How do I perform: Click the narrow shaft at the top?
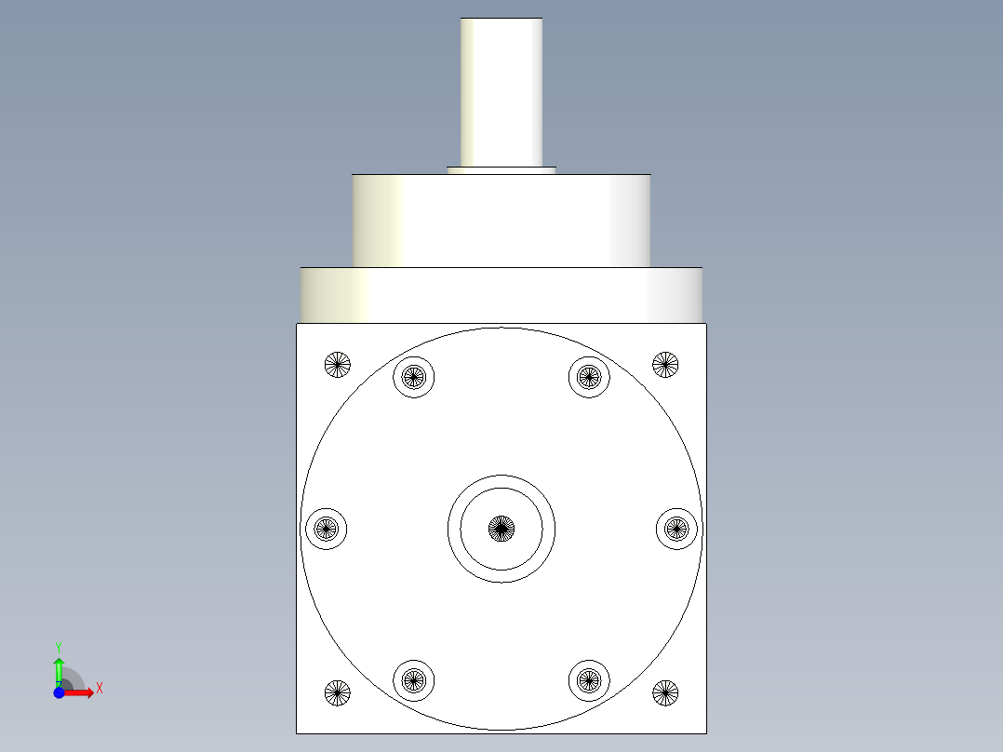click(501, 92)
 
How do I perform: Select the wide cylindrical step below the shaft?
click(501, 221)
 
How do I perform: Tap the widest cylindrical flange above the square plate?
click(501, 295)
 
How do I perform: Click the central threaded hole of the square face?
click(501, 529)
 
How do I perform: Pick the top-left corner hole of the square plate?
click(337, 365)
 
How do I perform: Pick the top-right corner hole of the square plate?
click(665, 365)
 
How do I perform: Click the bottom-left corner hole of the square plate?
click(337, 692)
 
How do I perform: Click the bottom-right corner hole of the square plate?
click(665, 692)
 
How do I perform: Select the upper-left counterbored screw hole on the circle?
click(414, 377)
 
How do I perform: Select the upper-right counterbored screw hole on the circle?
click(589, 377)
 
